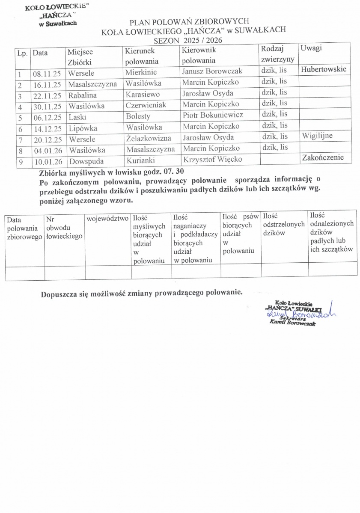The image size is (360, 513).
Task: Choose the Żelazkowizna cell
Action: (149, 138)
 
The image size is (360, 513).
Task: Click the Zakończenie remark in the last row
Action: (323, 157)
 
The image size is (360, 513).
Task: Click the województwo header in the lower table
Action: (107, 219)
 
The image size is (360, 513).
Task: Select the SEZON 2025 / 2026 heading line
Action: (188, 40)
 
